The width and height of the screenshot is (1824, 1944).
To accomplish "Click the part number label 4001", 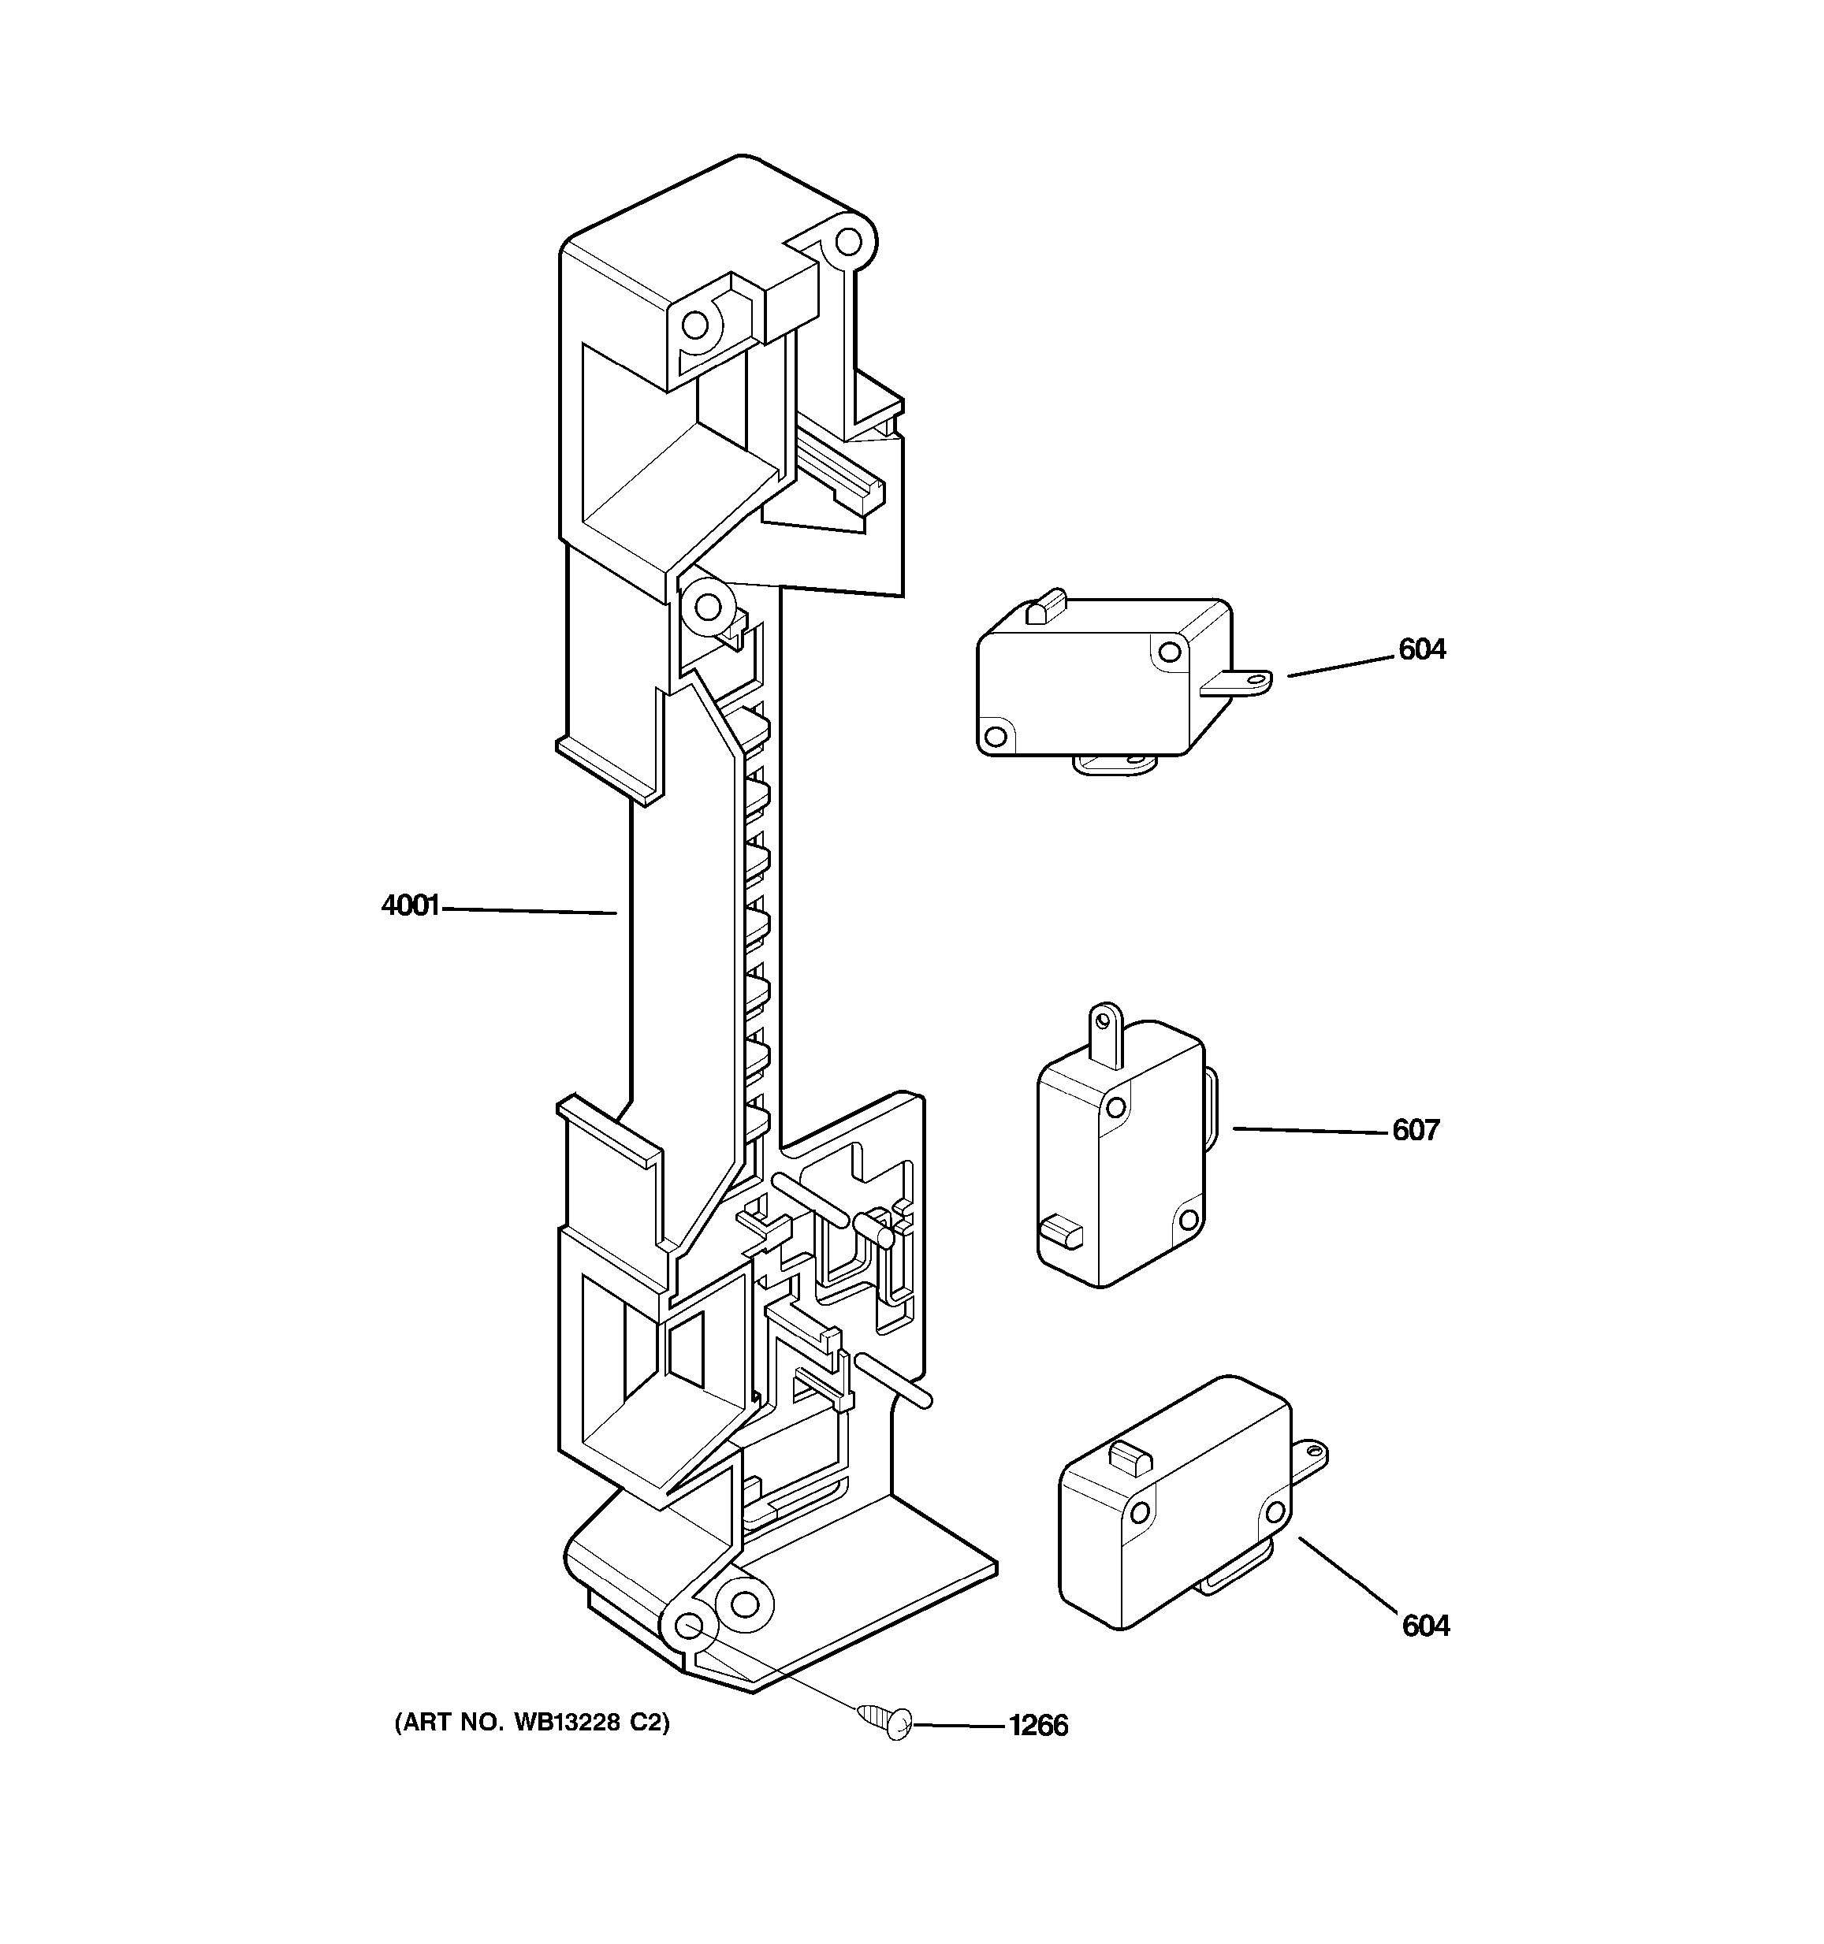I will point(410,906).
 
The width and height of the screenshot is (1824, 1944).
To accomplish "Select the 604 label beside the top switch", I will point(1421,649).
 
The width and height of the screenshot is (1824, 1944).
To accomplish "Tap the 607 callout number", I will point(1415,1131).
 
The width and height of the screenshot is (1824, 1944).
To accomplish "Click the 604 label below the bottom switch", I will point(1425,1626).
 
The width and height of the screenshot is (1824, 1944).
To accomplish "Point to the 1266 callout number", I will point(1039,1726).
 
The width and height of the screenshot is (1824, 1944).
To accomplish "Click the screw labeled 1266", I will point(886,1721).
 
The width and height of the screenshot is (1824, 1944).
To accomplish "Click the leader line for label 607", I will point(1311,1131).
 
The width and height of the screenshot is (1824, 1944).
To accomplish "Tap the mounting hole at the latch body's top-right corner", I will point(848,240).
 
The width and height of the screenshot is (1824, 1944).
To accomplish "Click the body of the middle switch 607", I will point(1120,1164).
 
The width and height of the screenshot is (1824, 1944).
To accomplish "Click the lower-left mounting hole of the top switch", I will point(996,734).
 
